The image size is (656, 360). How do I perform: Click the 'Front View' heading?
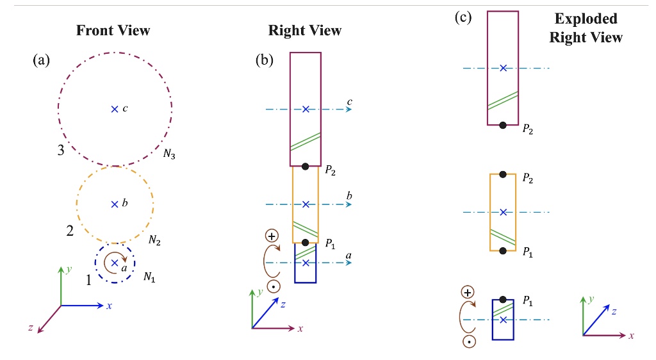pyautogui.click(x=113, y=30)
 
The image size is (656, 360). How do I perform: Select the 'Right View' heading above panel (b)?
pyautogui.click(x=304, y=30)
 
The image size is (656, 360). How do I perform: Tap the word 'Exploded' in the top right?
pyautogui.click(x=586, y=19)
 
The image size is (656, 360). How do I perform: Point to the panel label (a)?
pyautogui.click(x=40, y=61)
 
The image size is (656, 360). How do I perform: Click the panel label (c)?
pyautogui.click(x=463, y=17)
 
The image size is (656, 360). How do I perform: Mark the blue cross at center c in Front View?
pyautogui.click(x=115, y=109)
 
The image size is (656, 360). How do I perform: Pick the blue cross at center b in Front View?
pyautogui.click(x=115, y=204)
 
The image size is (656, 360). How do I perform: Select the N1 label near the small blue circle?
pyautogui.click(x=149, y=277)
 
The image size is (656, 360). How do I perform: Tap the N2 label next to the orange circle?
pyautogui.click(x=154, y=240)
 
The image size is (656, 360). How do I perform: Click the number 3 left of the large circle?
pyautogui.click(x=61, y=151)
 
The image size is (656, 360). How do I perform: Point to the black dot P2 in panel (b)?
pyautogui.click(x=306, y=167)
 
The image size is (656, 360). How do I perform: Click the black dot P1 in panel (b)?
pyautogui.click(x=306, y=243)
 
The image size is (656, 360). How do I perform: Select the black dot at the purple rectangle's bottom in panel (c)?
pyautogui.click(x=504, y=125)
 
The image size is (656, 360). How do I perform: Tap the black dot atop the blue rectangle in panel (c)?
pyautogui.click(x=504, y=300)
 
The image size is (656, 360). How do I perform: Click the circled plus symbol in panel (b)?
pyautogui.click(x=273, y=236)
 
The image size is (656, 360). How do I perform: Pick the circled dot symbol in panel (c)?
pyautogui.click(x=470, y=341)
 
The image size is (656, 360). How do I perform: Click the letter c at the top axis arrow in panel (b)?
pyautogui.click(x=349, y=102)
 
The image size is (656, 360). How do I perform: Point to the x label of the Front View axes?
pyautogui.click(x=109, y=306)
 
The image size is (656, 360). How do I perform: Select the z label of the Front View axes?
pyautogui.click(x=30, y=327)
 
